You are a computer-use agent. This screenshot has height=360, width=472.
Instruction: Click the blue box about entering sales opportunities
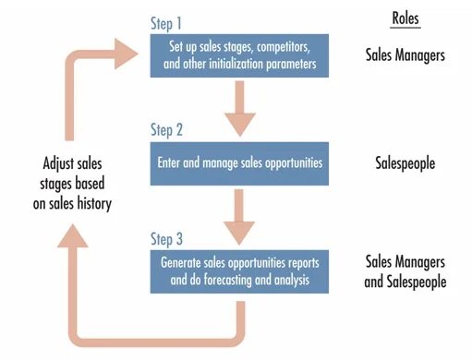point(240,163)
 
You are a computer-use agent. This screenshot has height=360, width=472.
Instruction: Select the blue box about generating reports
point(240,271)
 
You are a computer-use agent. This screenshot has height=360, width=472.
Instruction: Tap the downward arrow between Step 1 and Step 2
point(240,106)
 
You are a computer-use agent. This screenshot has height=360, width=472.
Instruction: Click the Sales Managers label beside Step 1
point(405,55)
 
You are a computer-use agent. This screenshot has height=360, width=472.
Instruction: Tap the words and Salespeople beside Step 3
point(405,282)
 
